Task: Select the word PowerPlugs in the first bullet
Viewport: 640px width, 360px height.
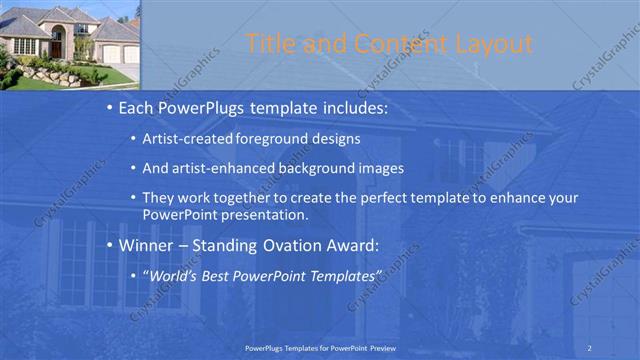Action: [203, 107]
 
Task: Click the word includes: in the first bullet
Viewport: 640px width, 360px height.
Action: [349, 107]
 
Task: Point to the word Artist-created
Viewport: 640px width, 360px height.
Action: [189, 138]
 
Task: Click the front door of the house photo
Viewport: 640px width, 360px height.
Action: [58, 45]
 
